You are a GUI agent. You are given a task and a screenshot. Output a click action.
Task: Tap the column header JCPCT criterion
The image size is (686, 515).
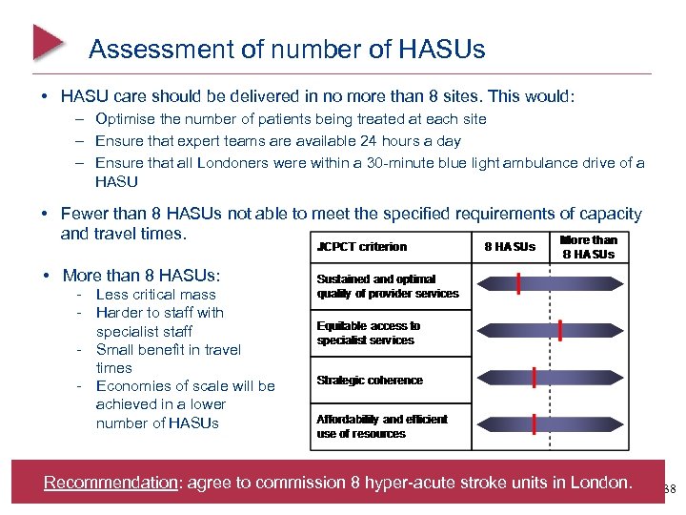(x=361, y=247)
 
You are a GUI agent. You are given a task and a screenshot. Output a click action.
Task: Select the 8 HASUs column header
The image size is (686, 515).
(x=510, y=247)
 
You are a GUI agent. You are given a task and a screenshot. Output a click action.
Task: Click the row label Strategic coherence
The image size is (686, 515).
(x=370, y=381)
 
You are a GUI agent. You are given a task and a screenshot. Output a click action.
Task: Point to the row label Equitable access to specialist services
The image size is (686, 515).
(x=369, y=333)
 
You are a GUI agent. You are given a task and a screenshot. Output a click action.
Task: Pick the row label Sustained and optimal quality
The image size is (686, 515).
(x=387, y=286)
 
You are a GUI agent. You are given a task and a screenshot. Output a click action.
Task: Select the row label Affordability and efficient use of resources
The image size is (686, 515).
(x=382, y=426)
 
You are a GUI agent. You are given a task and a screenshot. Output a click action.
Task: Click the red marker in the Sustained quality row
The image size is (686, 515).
(x=518, y=283)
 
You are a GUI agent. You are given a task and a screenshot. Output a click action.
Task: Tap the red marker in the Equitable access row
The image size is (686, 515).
(x=561, y=331)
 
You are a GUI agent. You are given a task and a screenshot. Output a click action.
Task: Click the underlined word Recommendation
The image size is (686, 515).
(x=111, y=483)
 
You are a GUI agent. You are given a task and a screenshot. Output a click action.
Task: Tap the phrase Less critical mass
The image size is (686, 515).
(x=156, y=295)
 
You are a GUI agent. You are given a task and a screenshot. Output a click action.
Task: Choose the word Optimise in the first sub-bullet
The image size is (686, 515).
(x=126, y=119)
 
